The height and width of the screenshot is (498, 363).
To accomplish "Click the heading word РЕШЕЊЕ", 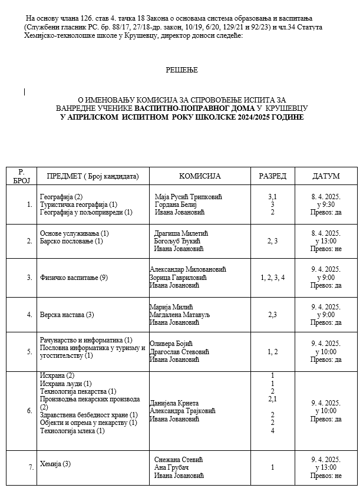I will pos(181,70).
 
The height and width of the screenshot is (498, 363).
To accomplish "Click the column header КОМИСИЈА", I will pos(199,176).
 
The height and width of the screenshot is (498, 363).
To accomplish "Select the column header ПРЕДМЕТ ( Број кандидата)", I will pos(88,176).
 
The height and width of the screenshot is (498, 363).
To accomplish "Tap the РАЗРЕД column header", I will pos(273,176).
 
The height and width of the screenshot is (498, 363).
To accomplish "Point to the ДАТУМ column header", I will pos(326,176).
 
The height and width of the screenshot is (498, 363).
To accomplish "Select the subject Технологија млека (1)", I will pos(72,431).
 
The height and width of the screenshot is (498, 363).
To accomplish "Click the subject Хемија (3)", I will pos(55,464).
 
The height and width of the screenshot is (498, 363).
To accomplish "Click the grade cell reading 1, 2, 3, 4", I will pos(273,277).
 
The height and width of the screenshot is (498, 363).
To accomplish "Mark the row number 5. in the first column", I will pos(29,352).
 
